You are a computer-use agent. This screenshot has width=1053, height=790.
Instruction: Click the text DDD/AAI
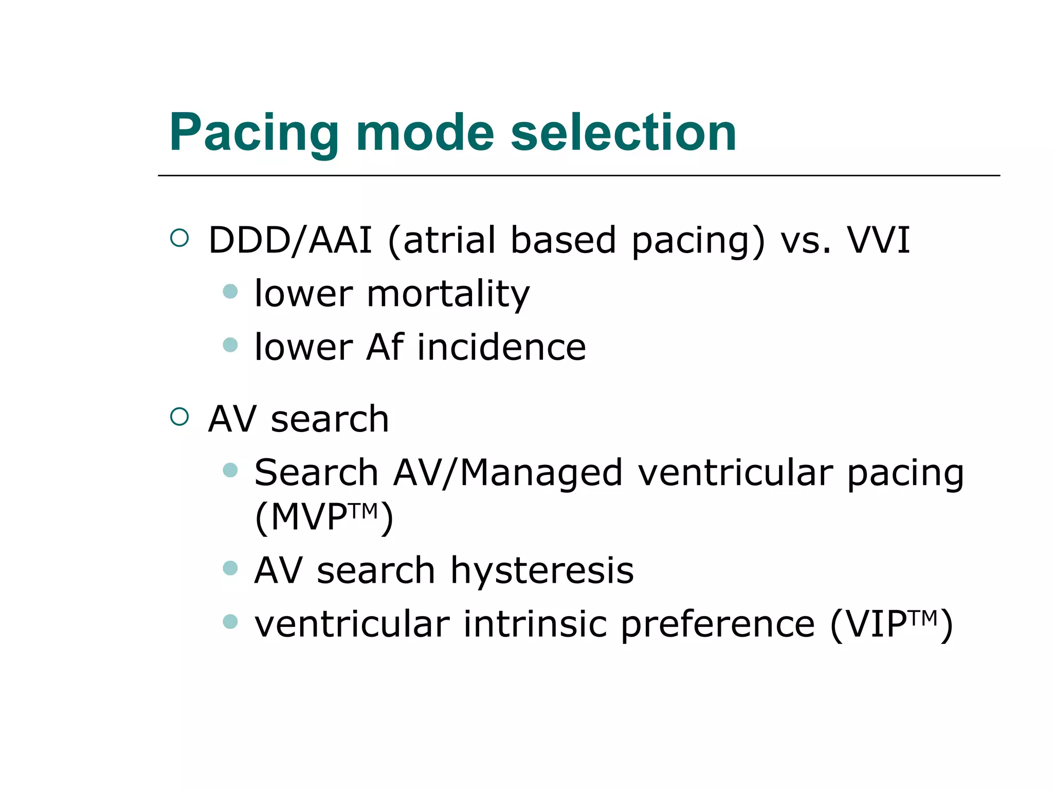point(290,240)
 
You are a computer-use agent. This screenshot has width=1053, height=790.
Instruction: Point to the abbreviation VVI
point(878,240)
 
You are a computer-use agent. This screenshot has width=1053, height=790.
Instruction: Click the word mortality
point(448,294)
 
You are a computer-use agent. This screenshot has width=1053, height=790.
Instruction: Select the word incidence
point(501,347)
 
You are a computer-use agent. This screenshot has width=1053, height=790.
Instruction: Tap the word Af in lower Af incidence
point(385,347)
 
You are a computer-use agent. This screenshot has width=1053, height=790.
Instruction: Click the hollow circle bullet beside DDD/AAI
point(179,238)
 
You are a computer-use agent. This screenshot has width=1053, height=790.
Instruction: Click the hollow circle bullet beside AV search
point(179,416)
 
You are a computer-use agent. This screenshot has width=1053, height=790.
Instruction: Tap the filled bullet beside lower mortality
point(230,292)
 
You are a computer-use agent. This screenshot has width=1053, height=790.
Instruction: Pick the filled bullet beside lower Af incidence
point(230,345)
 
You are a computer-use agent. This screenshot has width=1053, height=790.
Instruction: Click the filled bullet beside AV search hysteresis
point(230,568)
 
